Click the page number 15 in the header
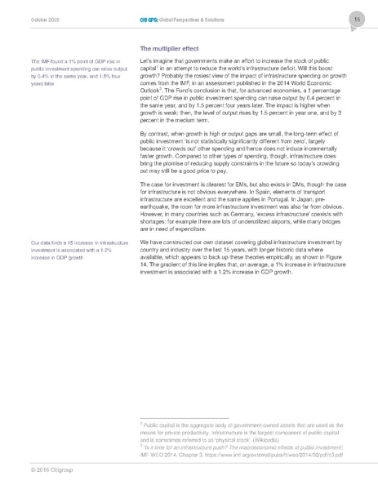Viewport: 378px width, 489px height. tap(357, 18)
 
